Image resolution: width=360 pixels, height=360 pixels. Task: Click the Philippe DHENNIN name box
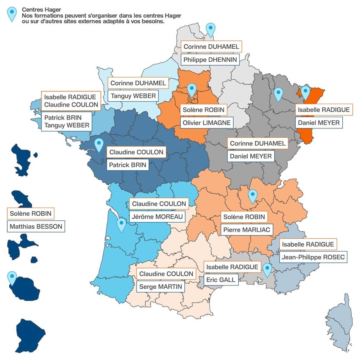(210, 60)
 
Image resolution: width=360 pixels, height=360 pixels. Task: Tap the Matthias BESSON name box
(36, 226)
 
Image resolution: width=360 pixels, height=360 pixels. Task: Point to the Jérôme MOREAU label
(157, 217)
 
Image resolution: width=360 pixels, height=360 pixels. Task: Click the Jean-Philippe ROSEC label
(313, 257)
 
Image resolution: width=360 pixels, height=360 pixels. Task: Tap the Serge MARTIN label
(161, 287)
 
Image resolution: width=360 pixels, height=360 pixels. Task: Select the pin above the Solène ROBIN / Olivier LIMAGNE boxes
(192, 90)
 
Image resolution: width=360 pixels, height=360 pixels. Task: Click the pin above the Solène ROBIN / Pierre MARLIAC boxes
(253, 196)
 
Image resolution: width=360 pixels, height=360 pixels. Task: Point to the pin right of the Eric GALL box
(267, 270)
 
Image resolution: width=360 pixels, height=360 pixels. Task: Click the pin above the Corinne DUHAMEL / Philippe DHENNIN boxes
(211, 29)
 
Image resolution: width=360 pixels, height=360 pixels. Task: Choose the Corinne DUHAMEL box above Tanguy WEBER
(138, 84)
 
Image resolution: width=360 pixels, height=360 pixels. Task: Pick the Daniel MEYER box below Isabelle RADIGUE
(318, 123)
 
